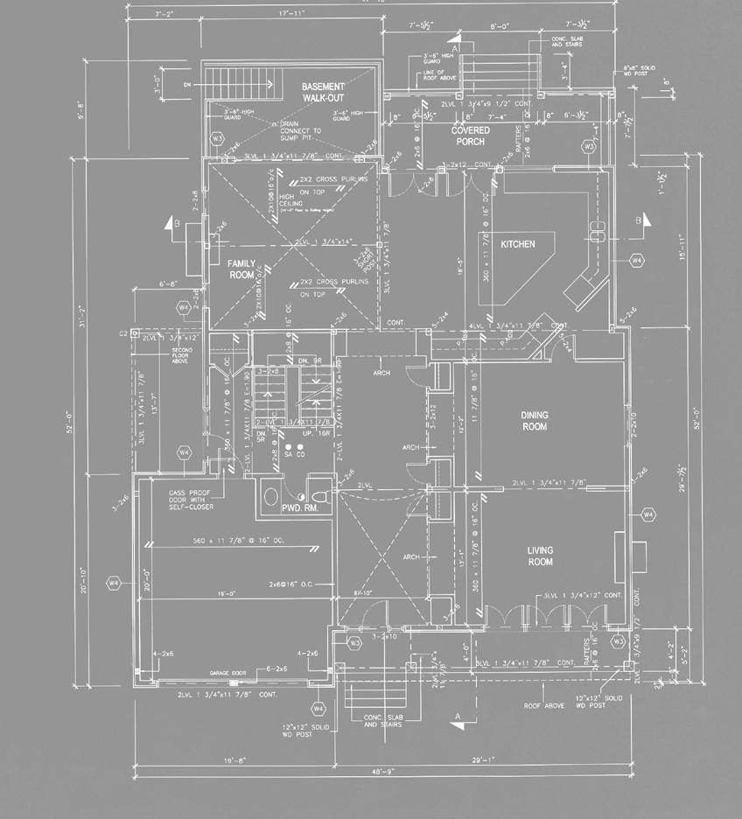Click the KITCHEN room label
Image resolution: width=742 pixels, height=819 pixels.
coord(517,244)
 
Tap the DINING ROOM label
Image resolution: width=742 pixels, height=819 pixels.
coord(534,421)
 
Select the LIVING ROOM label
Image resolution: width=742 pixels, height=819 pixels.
coord(540,556)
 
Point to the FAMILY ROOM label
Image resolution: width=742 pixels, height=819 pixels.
coord(241,269)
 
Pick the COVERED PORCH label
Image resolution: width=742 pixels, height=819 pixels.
coord(470,136)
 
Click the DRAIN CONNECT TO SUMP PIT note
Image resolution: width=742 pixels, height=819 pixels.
coord(300,131)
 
